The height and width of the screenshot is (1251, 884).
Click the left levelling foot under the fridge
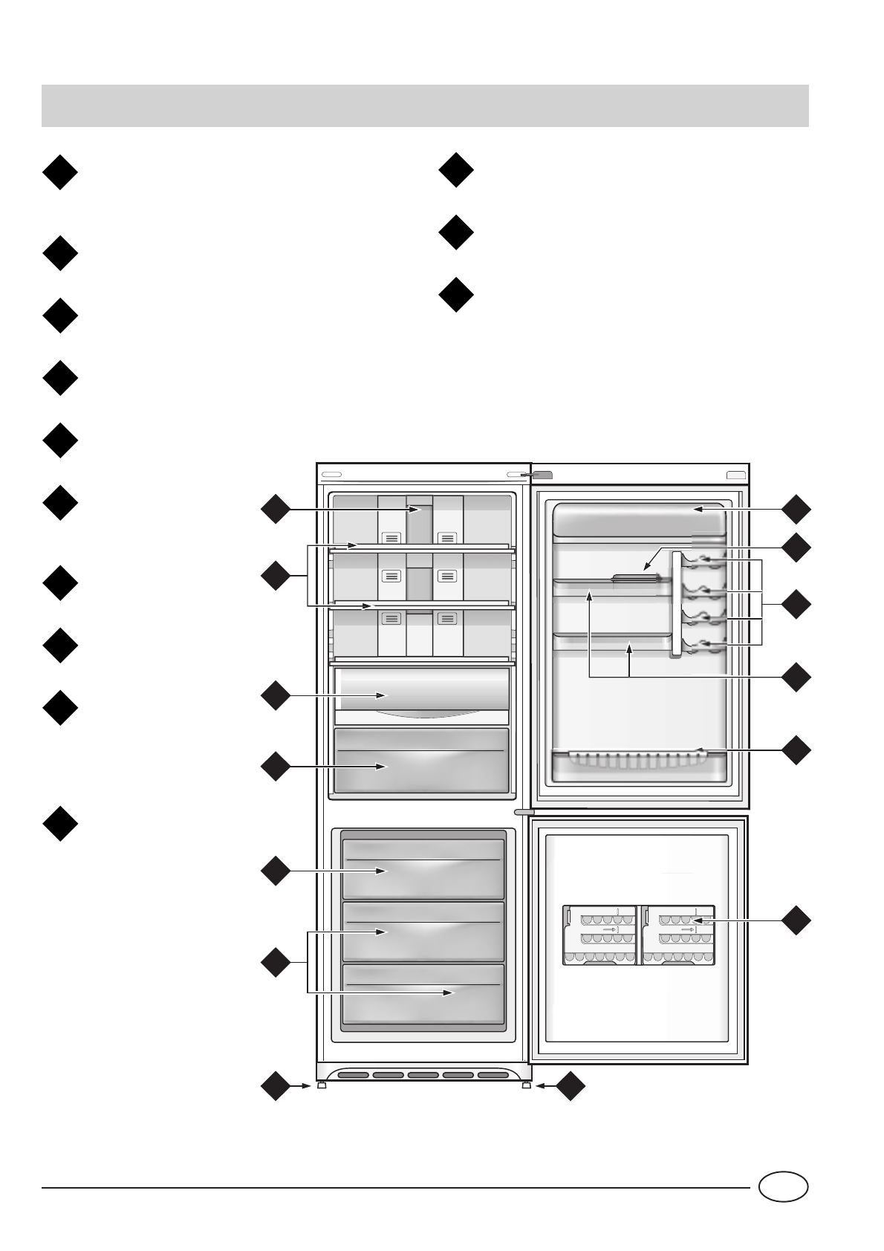click(322, 1085)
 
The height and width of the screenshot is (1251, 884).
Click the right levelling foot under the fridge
click(527, 1085)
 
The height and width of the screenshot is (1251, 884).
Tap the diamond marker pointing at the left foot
click(275, 1086)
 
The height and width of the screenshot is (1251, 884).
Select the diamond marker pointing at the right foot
click(570, 1086)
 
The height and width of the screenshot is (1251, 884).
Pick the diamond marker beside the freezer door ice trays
click(796, 920)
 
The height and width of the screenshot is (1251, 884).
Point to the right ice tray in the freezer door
click(678, 935)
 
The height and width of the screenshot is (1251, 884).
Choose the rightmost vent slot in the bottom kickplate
click(493, 1074)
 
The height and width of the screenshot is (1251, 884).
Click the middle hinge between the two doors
click(524, 813)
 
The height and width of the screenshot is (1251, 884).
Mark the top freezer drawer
click(423, 868)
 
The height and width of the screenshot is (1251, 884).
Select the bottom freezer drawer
click(423, 993)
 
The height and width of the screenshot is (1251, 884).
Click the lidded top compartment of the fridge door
click(639, 519)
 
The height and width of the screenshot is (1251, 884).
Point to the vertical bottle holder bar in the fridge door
click(675, 603)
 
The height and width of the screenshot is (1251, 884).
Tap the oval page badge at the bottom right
click(783, 1186)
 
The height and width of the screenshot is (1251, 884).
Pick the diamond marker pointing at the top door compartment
click(796, 509)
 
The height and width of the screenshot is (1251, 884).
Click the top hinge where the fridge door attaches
click(541, 475)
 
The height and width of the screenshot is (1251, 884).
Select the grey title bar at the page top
click(425, 105)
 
